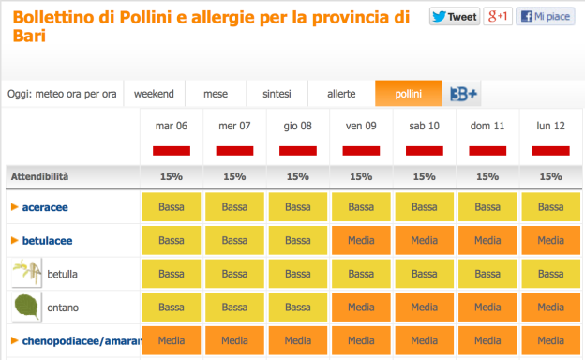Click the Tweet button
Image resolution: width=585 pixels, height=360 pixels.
pyautogui.click(x=455, y=17)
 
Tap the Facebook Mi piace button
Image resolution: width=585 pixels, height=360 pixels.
pyautogui.click(x=546, y=17)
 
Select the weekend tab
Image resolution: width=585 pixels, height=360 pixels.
pyautogui.click(x=154, y=94)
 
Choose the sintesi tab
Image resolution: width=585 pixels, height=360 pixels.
pyautogui.click(x=277, y=94)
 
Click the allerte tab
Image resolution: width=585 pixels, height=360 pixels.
pyautogui.click(x=341, y=94)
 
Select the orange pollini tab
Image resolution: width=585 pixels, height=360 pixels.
pyautogui.click(x=408, y=94)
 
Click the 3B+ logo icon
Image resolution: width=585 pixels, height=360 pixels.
pyautogui.click(x=464, y=94)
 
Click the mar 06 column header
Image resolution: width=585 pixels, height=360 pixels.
pyautogui.click(x=172, y=126)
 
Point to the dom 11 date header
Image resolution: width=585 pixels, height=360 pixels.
pyautogui.click(x=487, y=126)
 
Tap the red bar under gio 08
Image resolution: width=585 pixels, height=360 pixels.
pyautogui.click(x=298, y=150)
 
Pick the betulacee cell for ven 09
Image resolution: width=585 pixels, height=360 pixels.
pyautogui.click(x=361, y=241)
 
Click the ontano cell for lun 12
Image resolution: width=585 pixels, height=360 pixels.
pyautogui.click(x=550, y=307)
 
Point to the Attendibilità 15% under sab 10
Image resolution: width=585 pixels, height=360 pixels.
pyautogui.click(x=424, y=176)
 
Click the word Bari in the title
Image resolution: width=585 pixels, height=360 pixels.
pyautogui.click(x=28, y=36)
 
